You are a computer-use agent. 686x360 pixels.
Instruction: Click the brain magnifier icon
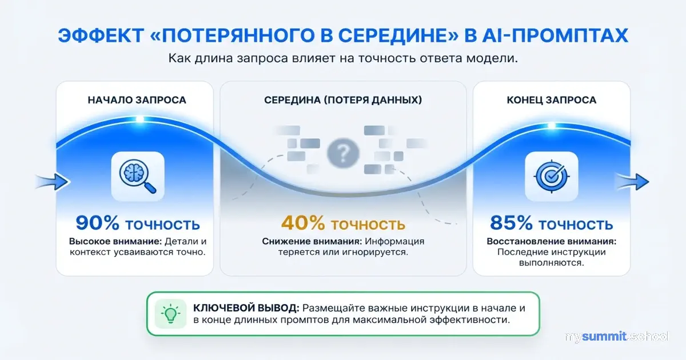click(x=137, y=171)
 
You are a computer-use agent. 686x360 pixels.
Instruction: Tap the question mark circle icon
click(x=342, y=153)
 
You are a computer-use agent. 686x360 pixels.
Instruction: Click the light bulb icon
click(x=170, y=314)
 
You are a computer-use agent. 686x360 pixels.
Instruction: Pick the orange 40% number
click(x=303, y=223)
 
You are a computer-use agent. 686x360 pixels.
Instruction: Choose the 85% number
click(x=510, y=223)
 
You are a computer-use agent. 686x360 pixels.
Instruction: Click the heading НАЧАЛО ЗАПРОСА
click(x=137, y=100)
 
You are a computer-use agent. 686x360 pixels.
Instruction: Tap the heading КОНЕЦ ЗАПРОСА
click(x=552, y=100)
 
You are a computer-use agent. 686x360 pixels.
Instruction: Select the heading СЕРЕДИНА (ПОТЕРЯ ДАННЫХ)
click(x=343, y=100)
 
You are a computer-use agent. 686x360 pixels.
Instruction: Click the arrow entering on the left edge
click(x=51, y=182)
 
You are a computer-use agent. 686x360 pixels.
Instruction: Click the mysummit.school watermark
click(x=616, y=337)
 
